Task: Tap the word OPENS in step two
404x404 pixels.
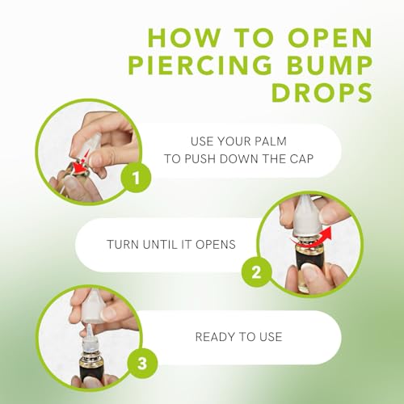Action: pyautogui.click(x=214, y=242)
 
